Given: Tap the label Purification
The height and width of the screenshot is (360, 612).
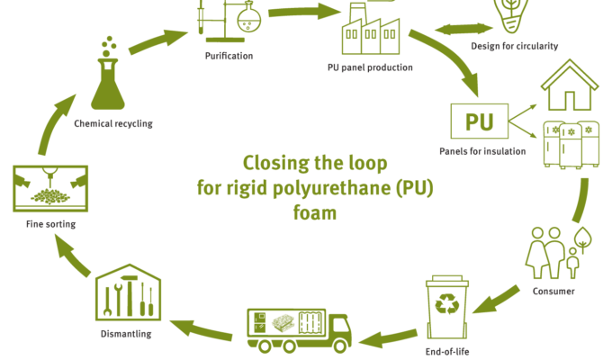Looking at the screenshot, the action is (229, 56).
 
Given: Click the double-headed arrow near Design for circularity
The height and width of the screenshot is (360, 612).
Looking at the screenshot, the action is (463, 29).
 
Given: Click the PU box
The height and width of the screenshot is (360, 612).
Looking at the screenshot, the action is (480, 121).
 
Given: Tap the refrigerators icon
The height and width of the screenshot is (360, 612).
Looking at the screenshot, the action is (571, 145).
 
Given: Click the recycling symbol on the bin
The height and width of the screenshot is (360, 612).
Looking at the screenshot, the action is (447, 304).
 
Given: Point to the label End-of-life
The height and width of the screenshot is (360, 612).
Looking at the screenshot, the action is (447, 351).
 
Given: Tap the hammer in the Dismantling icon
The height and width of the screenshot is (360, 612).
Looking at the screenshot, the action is (129, 295).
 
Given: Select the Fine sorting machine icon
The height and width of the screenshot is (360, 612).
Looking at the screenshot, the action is (50, 189).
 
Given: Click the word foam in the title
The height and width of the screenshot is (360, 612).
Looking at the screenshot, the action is (315, 213).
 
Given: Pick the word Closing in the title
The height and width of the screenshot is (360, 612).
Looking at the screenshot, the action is (276, 163).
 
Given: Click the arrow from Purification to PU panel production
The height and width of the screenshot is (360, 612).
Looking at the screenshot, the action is (304, 12).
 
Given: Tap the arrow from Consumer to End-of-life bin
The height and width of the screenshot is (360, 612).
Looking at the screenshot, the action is (496, 300).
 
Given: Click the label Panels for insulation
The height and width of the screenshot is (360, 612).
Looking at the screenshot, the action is (482, 151).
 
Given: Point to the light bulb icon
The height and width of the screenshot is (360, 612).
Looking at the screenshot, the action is (510, 15).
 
